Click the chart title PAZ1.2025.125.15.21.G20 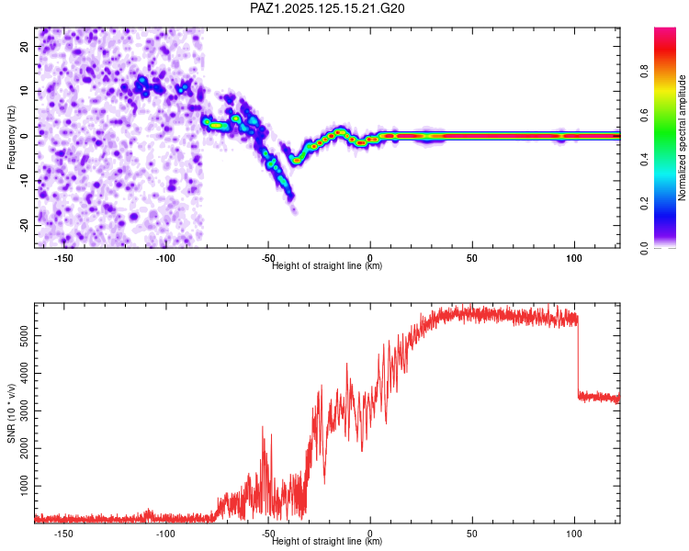(x=327, y=8)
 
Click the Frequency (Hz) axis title (x=11, y=138)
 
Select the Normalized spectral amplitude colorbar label (x=682, y=138)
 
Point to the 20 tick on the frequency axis (x=25, y=46)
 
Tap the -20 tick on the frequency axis (x=25, y=225)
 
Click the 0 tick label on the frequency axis (x=25, y=136)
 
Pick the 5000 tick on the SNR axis (x=25, y=336)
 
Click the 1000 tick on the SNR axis (x=25, y=486)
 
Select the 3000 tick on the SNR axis (x=25, y=410)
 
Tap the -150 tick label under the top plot (x=63, y=258)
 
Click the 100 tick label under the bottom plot (x=574, y=534)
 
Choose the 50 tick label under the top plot (x=472, y=258)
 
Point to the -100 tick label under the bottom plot (x=165, y=534)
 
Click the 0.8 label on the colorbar (x=644, y=72)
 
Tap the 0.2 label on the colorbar (x=644, y=204)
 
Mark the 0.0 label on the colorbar (x=644, y=248)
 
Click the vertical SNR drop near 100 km (x=578, y=354)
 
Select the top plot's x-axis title (x=327, y=265)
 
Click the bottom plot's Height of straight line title (x=327, y=541)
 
